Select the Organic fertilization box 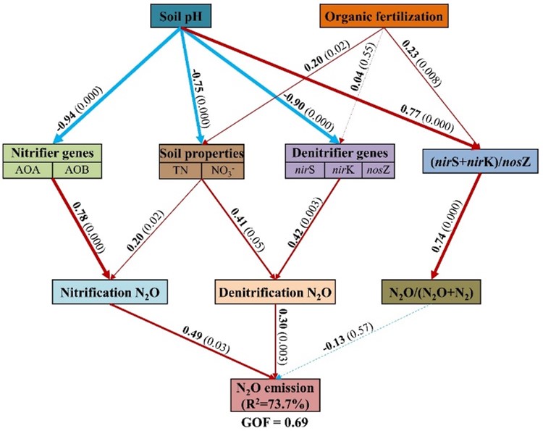(x=382, y=16)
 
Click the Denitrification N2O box (x=277, y=292)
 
